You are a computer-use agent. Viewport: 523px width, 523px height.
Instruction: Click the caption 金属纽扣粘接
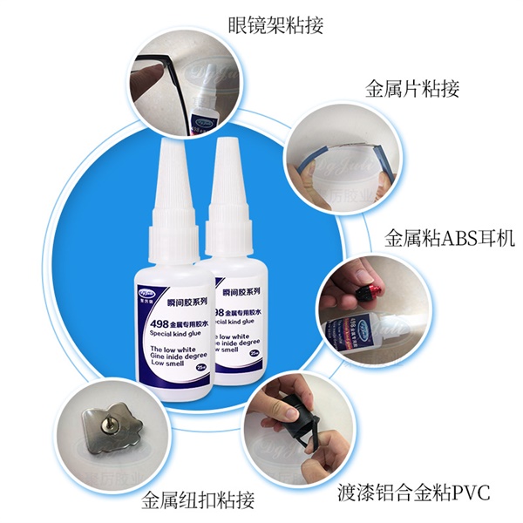pos(198,500)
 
